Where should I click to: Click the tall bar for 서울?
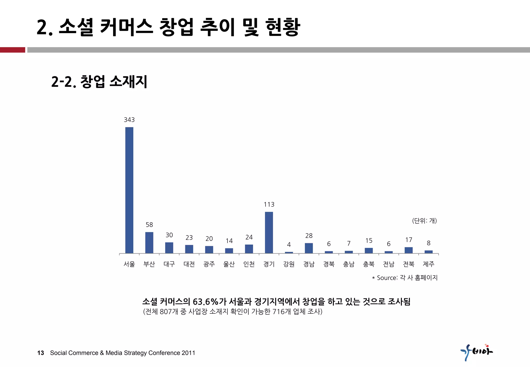click(129, 190)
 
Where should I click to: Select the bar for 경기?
click(269, 232)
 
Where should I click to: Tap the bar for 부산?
click(149, 243)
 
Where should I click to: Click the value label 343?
click(129, 120)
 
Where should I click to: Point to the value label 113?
click(269, 204)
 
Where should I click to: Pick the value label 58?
click(149, 225)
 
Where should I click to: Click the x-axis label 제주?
click(429, 264)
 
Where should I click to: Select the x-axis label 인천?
click(249, 264)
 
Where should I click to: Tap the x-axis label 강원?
click(289, 264)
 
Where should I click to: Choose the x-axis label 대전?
click(189, 264)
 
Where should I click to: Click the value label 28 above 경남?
click(309, 236)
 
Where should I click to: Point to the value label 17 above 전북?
click(409, 240)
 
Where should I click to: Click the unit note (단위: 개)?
click(424, 221)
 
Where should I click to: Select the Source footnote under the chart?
click(405, 278)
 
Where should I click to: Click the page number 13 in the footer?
click(41, 353)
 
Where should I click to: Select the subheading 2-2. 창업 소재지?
click(99, 82)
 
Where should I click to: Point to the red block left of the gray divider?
click(12, 50)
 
